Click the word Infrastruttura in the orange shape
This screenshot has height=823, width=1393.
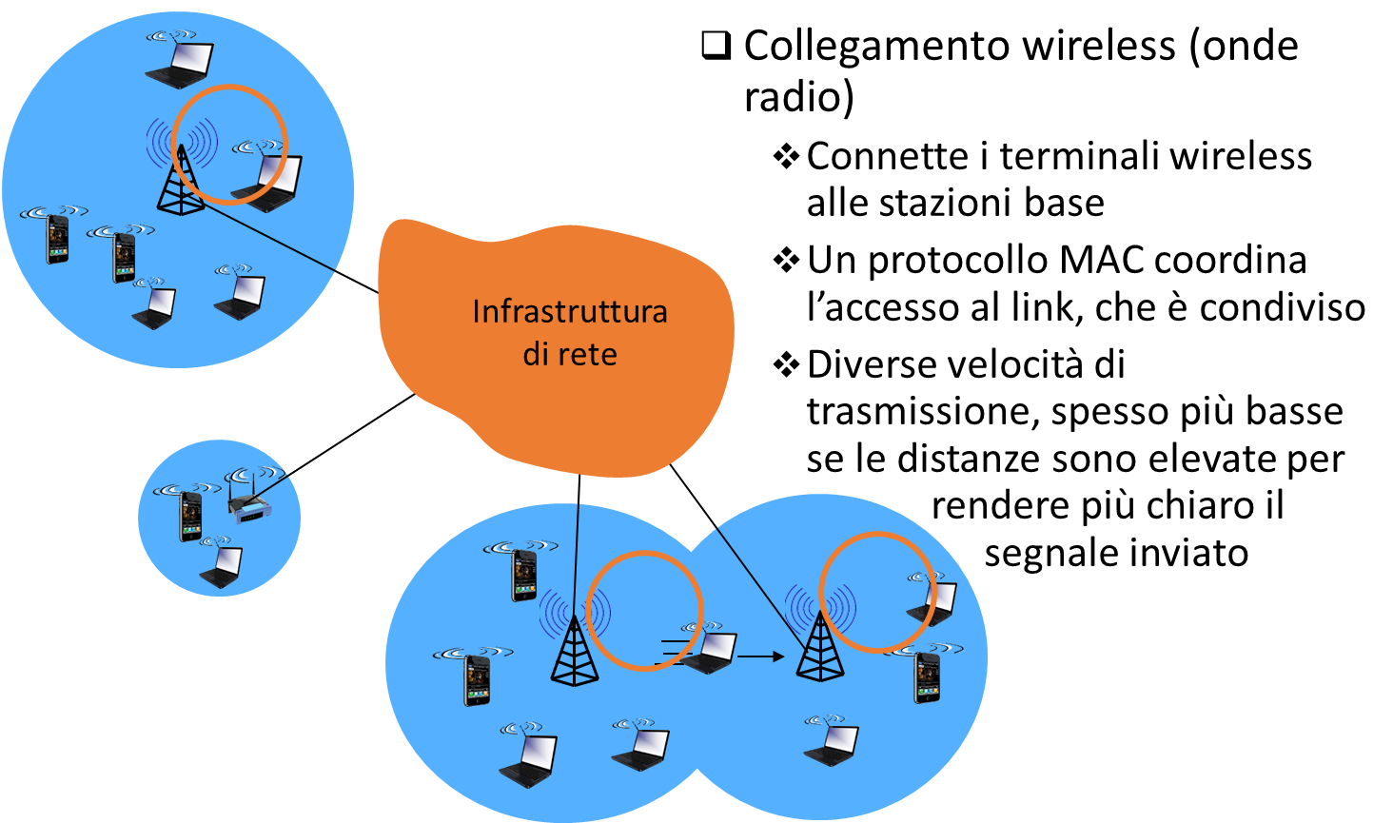[x=569, y=311]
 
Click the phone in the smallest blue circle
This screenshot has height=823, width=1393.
[x=191, y=518]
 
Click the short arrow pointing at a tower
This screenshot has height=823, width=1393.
[x=760, y=656]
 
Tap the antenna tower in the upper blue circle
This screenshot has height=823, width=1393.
[x=181, y=181]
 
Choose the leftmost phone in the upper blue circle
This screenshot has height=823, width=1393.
[x=58, y=239]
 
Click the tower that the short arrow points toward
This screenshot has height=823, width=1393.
[x=820, y=647]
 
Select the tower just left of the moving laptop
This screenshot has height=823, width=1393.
[x=575, y=651]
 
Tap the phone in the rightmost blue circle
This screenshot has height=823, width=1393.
[x=927, y=676]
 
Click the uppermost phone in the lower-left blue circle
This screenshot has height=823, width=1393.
[x=524, y=575]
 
